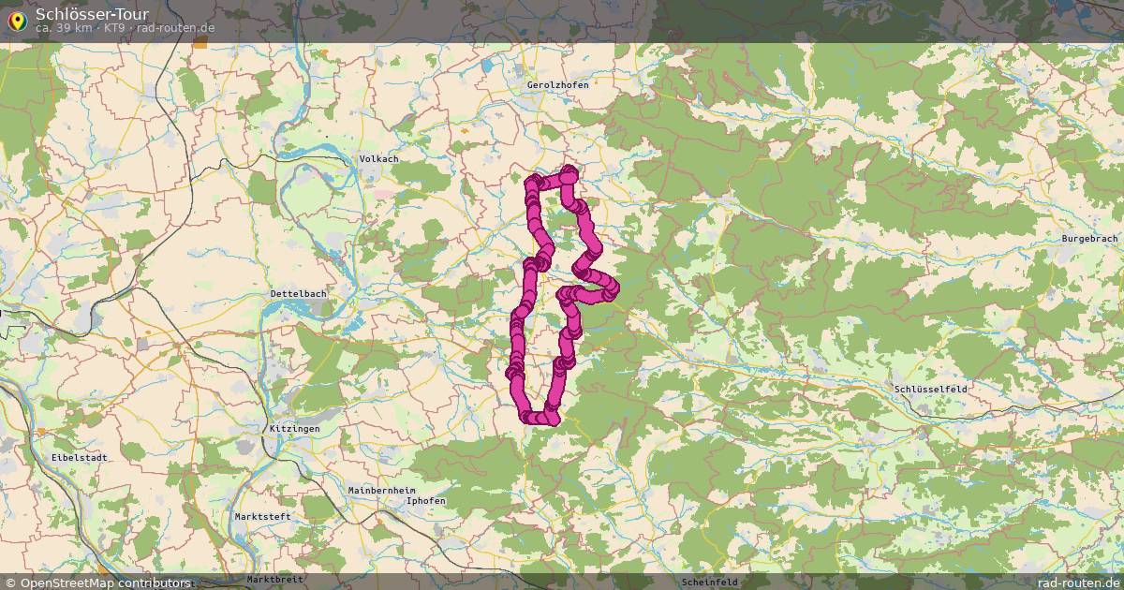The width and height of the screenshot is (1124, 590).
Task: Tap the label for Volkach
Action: pos(378,159)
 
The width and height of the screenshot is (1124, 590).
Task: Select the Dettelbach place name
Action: pos(298,294)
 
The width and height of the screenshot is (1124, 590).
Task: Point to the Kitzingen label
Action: pos(294,429)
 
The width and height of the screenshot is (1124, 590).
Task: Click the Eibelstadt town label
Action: pos(81,458)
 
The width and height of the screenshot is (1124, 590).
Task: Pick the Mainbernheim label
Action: pos(381,491)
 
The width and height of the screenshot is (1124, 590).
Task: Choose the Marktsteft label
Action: pos(262,517)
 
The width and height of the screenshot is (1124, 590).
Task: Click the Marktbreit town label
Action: pos(275,579)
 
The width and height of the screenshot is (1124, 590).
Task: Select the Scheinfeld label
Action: pos(710,582)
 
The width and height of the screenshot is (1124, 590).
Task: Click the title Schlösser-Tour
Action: pos(92,13)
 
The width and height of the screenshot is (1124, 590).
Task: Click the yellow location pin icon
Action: pos(17,19)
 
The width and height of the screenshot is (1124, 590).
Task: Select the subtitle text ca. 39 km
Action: pos(64,28)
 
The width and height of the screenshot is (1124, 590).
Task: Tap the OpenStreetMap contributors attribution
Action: pos(105,583)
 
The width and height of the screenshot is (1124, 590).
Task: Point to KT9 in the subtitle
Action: pos(114,28)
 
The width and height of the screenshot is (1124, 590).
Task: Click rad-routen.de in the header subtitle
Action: pos(175,28)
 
